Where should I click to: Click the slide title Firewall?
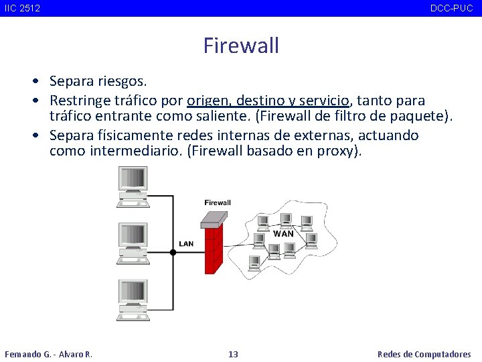[241, 46]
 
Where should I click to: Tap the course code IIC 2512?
[21, 8]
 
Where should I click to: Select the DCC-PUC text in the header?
[451, 8]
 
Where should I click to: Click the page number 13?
[233, 354]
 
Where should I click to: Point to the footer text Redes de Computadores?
[424, 354]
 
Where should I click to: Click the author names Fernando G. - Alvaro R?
[48, 354]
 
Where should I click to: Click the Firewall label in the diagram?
[218, 202]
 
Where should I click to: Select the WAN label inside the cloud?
[283, 234]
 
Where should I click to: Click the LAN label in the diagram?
[186, 243]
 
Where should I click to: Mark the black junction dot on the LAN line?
[173, 252]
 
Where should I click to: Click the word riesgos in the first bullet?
[122, 82]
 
